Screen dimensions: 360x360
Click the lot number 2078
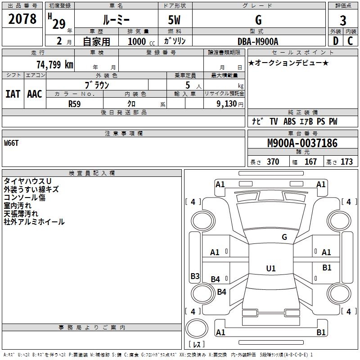[22, 18]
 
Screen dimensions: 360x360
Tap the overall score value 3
[343, 20]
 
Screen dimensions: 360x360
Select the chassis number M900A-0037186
[302, 143]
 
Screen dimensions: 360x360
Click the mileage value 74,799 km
[55, 64]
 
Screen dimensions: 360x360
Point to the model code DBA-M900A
[258, 41]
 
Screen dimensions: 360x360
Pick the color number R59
[74, 104]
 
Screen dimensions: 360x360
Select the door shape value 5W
[174, 20]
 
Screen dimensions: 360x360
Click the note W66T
[11, 143]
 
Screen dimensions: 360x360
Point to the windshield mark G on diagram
[284, 237]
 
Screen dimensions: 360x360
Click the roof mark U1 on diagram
[271, 268]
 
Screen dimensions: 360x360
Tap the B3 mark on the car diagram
[195, 276]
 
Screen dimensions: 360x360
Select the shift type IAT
[13, 94]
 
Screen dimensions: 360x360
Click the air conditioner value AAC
[35, 94]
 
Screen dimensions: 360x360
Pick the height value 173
[346, 162]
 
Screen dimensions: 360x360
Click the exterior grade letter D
[336, 41]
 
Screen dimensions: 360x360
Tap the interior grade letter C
[350, 41]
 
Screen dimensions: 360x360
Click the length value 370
[273, 162]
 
